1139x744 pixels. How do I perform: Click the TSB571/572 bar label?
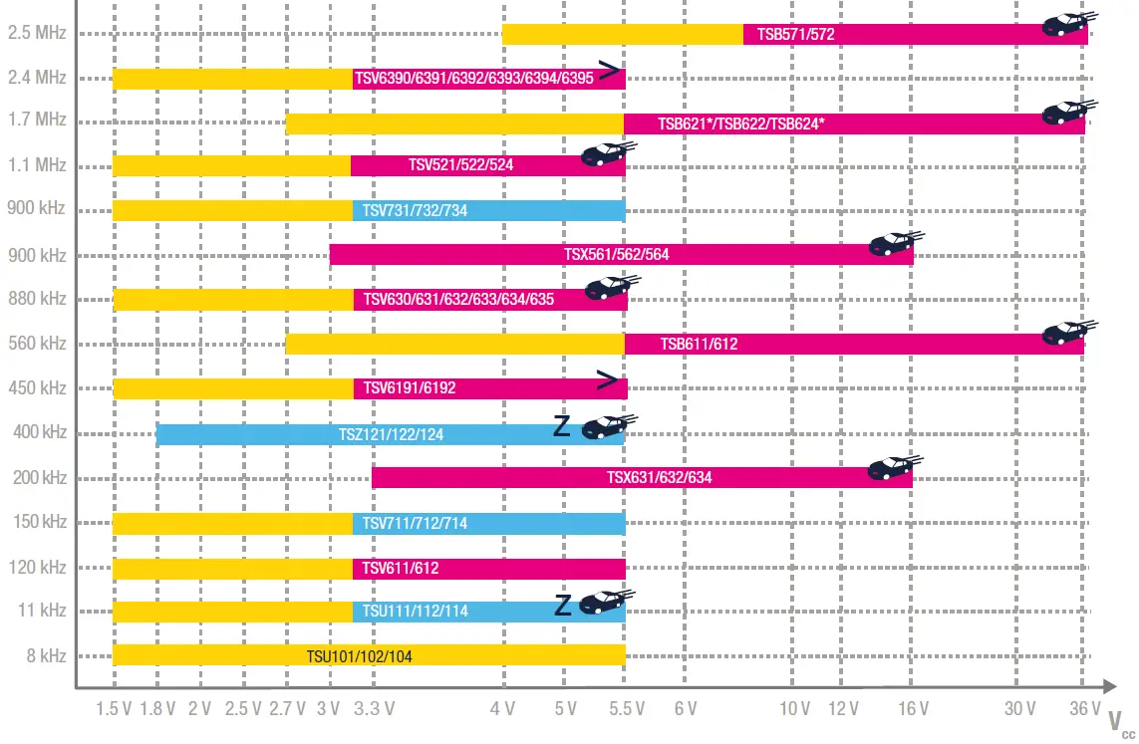click(x=795, y=34)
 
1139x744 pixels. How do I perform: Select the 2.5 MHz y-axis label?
click(x=37, y=33)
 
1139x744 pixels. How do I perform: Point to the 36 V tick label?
click(x=1084, y=709)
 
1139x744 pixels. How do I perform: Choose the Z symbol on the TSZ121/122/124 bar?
click(x=563, y=427)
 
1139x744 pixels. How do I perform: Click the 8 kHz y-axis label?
click(x=44, y=655)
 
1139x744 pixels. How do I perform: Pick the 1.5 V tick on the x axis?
click(x=114, y=709)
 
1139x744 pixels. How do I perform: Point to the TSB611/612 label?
click(x=699, y=345)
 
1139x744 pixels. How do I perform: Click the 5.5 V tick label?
click(x=626, y=709)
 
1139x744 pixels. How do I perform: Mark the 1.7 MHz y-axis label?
click(x=37, y=120)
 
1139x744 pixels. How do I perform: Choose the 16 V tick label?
click(x=912, y=709)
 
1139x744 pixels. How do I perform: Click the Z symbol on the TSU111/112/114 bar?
click(x=563, y=605)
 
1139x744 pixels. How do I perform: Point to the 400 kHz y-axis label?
click(x=41, y=432)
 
